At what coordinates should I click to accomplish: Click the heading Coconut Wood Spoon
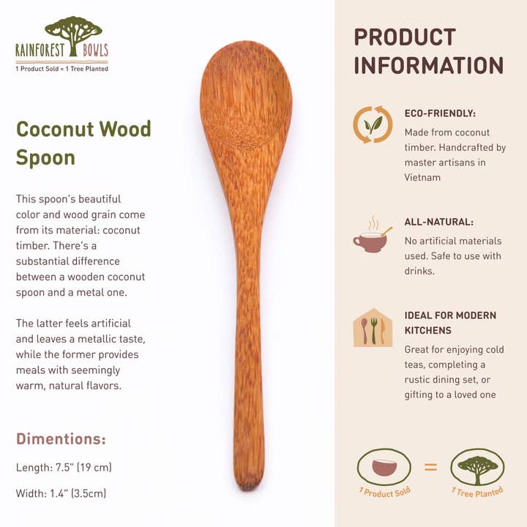tap(83, 143)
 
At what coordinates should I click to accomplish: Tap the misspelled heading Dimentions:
tap(61, 439)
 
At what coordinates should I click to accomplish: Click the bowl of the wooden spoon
tap(245, 99)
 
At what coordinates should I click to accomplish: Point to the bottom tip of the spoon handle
tap(249, 483)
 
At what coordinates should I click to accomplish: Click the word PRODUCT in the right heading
tap(405, 37)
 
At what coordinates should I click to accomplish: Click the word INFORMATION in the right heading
tap(429, 66)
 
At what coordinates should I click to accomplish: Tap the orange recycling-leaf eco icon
tap(373, 124)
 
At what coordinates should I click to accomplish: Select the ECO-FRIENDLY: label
tap(440, 113)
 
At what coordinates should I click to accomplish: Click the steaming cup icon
tap(372, 236)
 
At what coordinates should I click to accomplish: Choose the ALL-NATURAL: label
tap(438, 222)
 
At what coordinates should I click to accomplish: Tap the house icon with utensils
tap(373, 328)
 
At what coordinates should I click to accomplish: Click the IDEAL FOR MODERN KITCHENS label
tap(450, 323)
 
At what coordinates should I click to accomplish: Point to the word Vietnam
tap(422, 177)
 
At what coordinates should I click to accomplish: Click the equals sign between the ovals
tap(430, 466)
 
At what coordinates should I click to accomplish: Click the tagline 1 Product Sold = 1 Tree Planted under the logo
tap(61, 69)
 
